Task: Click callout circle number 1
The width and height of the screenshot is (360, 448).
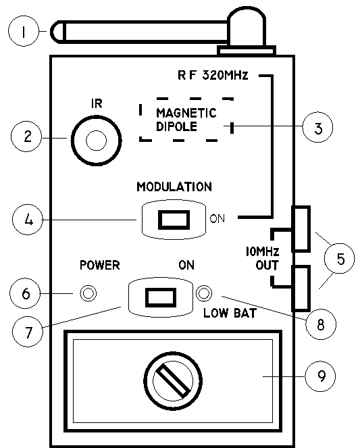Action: pos(24,31)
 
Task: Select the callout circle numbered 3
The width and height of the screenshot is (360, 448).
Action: pos(317,127)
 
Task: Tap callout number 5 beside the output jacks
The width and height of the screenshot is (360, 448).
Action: pos(340,258)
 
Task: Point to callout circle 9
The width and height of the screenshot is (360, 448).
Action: pos(320,376)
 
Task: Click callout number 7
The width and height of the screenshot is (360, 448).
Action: pos(28,332)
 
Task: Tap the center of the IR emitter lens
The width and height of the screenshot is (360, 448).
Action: pos(96,141)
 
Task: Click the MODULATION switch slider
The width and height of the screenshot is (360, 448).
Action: pos(174,220)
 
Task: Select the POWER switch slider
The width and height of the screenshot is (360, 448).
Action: pos(161,297)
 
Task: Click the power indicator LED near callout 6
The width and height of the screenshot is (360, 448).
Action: pos(88,293)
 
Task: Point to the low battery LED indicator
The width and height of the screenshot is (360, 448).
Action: pos(204,293)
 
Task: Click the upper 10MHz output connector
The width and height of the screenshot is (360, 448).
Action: pos(301,229)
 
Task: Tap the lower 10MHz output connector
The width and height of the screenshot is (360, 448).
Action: pos(301,288)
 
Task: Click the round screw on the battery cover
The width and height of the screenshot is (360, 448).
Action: pos(173,380)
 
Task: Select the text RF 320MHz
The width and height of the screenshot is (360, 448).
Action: pos(213,76)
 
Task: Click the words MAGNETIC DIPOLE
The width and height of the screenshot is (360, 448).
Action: pos(186,120)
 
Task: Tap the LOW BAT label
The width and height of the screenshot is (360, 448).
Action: pos(230,313)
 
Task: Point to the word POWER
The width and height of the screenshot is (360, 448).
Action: pos(100,265)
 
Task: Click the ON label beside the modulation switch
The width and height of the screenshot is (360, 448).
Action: pos(217,218)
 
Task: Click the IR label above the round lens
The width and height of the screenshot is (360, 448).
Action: pos(97,103)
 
